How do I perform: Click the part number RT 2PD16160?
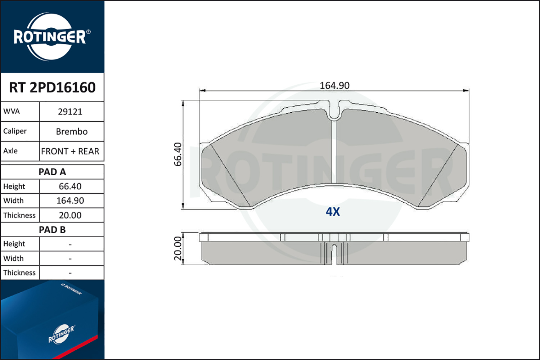(52, 87)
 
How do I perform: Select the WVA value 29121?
(70, 112)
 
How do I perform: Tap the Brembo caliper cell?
(72, 131)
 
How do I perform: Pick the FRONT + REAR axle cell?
(70, 151)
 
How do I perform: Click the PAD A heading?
(52, 172)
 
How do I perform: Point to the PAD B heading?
(52, 230)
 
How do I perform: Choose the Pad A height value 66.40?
(70, 186)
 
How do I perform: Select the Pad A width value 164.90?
(70, 201)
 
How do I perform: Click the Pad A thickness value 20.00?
(70, 215)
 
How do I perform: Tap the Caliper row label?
(15, 131)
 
